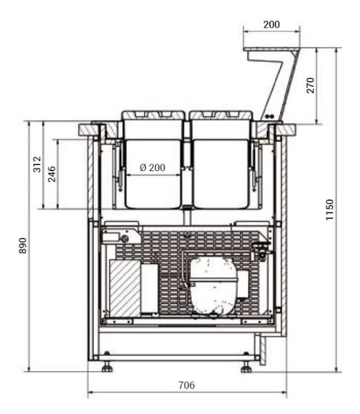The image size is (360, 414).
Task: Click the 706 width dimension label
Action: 187,385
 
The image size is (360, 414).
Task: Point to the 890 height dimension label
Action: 23,246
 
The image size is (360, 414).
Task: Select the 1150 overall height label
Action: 330,210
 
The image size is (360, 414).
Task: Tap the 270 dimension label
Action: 310,86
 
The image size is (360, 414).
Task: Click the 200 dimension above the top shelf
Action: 271,25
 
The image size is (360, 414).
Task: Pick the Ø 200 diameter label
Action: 152,168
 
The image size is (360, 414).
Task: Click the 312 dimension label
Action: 37,164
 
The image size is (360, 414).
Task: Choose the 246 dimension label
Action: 52,174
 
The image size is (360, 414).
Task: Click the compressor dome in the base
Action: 213,286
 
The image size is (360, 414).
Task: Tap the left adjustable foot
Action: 107,365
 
